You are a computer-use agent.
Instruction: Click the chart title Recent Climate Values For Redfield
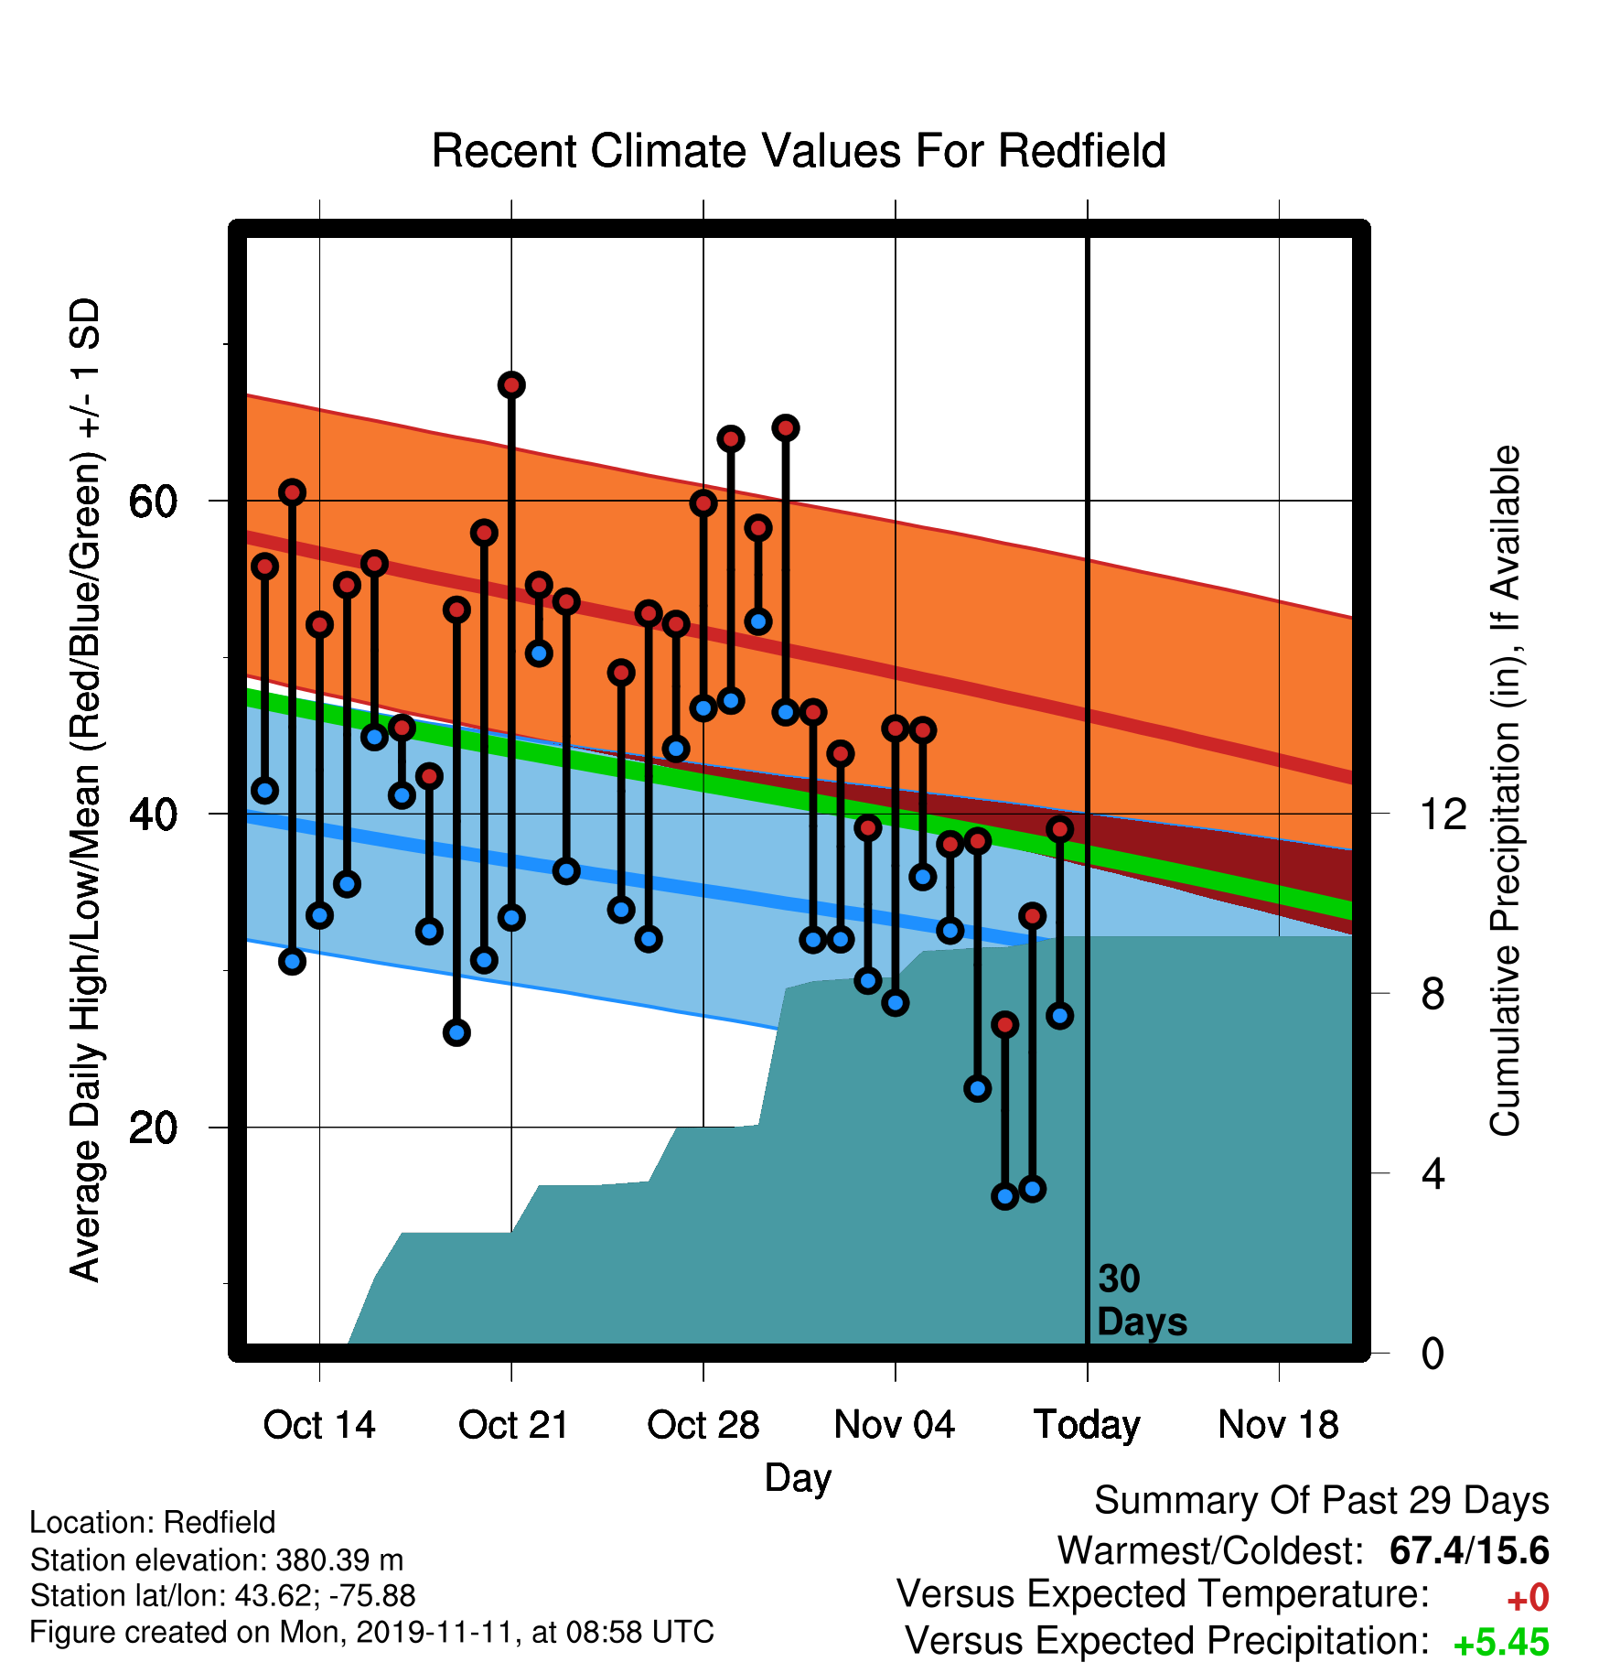click(x=799, y=151)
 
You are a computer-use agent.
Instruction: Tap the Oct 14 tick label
click(x=319, y=1425)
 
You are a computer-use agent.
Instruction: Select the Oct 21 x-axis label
click(x=513, y=1425)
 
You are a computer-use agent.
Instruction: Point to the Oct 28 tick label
click(x=703, y=1425)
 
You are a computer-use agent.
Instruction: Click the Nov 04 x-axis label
click(x=895, y=1425)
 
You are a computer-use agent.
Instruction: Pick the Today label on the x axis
click(x=1087, y=1426)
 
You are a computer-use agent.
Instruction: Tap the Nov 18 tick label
click(x=1279, y=1425)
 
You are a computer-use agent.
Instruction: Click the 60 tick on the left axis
click(x=154, y=502)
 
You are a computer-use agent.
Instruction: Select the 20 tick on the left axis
click(x=154, y=1128)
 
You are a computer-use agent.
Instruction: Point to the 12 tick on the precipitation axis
click(x=1443, y=814)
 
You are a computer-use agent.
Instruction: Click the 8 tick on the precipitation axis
click(x=1433, y=994)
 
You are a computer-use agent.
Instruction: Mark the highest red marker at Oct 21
click(x=511, y=385)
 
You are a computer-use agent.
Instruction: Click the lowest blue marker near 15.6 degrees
click(x=1005, y=1196)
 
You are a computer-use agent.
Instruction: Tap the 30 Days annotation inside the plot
click(x=1142, y=1301)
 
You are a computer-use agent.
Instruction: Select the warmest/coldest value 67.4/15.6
click(x=1469, y=1550)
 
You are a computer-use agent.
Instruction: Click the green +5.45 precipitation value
click(x=1501, y=1642)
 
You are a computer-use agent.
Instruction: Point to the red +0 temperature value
click(x=1528, y=1598)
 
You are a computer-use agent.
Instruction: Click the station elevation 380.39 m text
click(x=217, y=1559)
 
